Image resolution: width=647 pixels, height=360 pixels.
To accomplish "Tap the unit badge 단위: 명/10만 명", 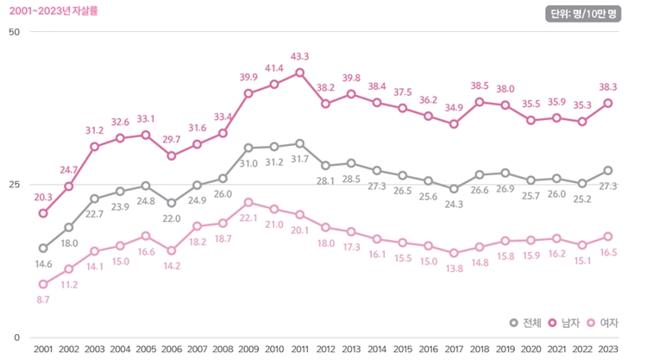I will [584, 14].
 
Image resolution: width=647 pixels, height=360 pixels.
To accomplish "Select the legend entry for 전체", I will [525, 323].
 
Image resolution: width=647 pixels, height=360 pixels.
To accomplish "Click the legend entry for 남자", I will [563, 323].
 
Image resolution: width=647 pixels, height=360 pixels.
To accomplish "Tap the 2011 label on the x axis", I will [299, 349].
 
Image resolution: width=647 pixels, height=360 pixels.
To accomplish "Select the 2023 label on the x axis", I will [607, 349].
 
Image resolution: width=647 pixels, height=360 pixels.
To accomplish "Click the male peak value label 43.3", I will [300, 57].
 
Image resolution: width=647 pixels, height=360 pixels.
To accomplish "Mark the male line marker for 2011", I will [299, 73].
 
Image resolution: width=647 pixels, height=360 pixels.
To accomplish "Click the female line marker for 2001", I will [43, 284].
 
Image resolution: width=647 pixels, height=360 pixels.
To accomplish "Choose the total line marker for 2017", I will [454, 189].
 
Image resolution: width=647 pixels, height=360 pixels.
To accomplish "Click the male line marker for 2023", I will [607, 103].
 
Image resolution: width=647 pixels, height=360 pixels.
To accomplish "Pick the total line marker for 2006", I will [172, 203].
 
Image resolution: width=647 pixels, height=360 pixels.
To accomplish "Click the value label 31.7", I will [300, 159].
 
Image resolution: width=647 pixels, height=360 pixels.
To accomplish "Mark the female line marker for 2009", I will [248, 202].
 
